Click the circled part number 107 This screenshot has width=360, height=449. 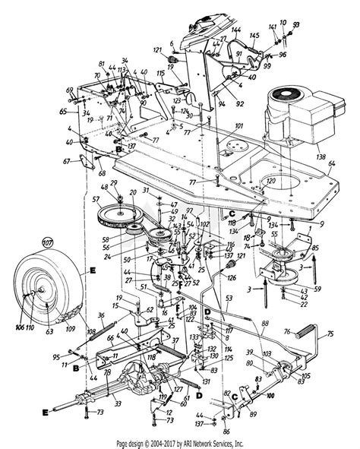coord(28,245)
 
